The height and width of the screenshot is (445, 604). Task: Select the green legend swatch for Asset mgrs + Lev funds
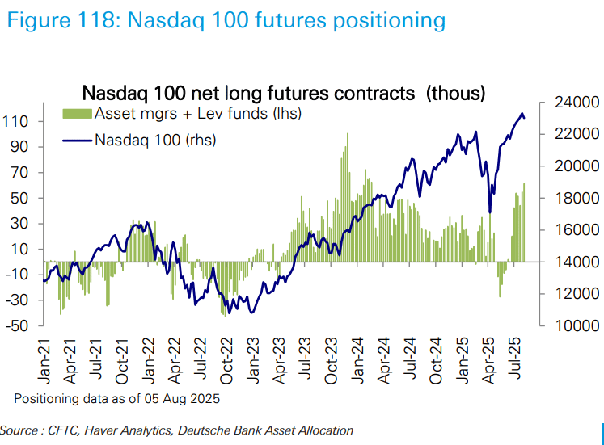[x=78, y=113]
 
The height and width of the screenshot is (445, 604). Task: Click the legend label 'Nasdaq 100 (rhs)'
[x=155, y=140]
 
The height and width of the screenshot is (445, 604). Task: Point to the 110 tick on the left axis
[x=16, y=121]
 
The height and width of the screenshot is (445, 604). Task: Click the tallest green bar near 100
[x=347, y=136]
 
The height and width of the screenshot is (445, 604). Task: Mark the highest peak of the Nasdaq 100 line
[x=522, y=113]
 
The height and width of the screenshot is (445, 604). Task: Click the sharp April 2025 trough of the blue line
[x=490, y=212]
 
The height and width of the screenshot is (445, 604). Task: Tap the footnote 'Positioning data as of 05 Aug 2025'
[x=116, y=399]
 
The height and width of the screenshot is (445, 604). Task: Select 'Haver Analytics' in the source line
[x=131, y=430]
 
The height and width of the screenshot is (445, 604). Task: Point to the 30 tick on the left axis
[x=19, y=224]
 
